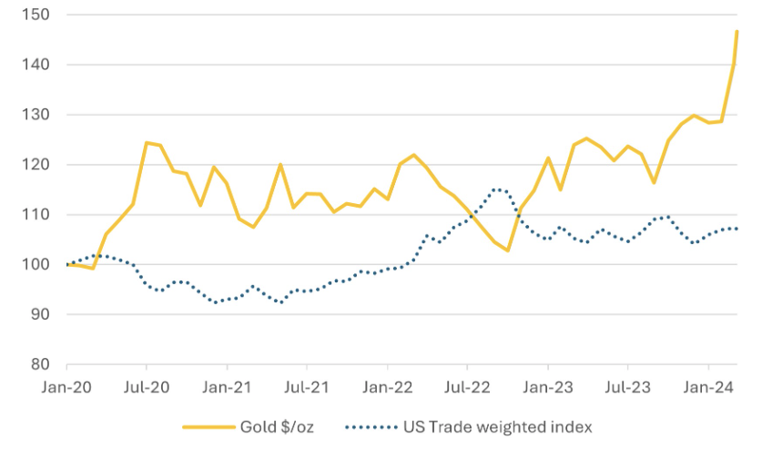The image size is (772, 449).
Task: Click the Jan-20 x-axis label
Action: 66,386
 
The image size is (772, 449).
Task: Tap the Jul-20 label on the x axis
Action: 147,386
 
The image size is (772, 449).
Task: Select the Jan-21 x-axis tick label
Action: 227,386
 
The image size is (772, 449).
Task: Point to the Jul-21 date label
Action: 307,386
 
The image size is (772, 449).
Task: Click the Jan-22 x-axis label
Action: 387,386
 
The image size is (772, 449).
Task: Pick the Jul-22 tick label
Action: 467,386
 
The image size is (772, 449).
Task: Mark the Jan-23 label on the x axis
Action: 547,386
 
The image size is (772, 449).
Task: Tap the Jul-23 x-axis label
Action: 627,386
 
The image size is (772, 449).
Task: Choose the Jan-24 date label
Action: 707,386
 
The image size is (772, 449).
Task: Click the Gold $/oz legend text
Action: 279,425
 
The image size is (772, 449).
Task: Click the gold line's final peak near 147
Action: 736,32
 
